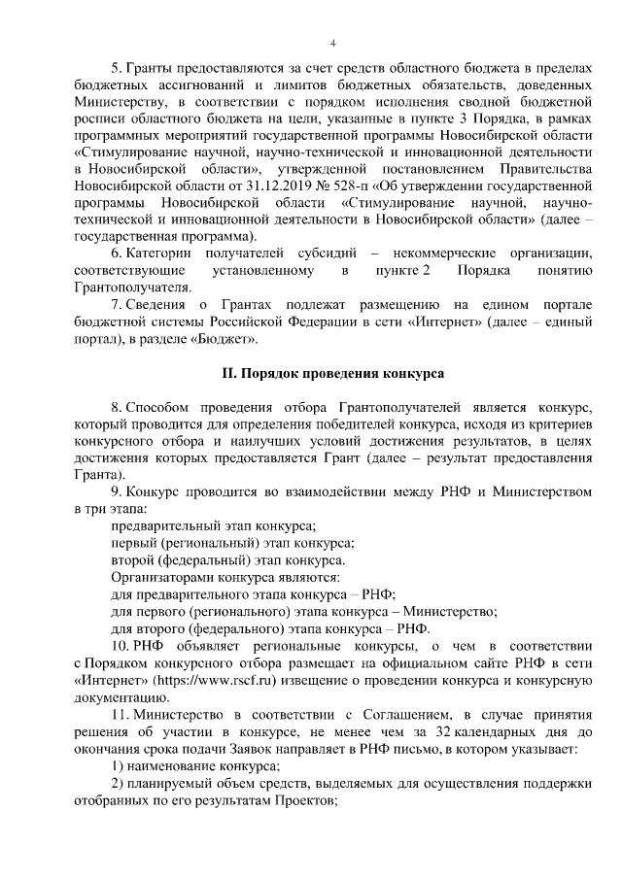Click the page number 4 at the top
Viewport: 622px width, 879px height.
pos(332,43)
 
